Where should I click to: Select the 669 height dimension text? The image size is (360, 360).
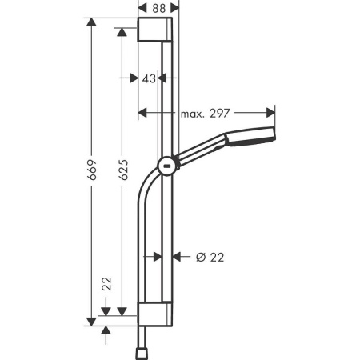pos(92,171)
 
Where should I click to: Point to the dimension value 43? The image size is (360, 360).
pos(148,78)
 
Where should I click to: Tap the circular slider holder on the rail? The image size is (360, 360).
pos(168,166)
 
